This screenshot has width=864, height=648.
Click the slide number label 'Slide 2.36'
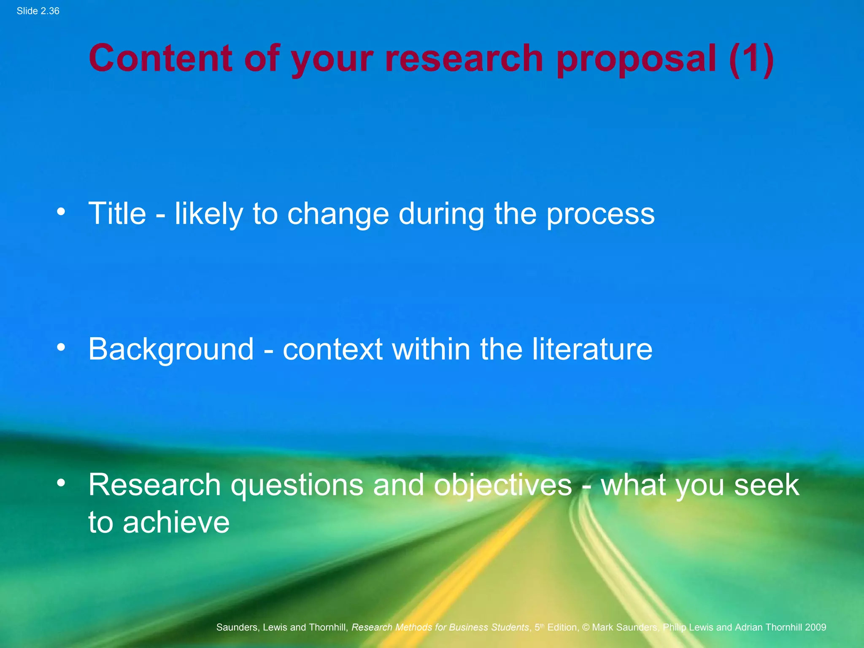[x=38, y=11]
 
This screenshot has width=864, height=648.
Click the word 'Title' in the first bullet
[x=117, y=213]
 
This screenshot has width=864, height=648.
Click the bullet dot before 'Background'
[x=61, y=347]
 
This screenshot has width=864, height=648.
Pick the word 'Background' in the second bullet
[x=171, y=350]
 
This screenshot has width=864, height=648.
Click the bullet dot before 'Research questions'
[x=61, y=483]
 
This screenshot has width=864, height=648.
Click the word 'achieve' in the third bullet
[x=176, y=522]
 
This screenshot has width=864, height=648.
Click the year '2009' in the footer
[x=815, y=627]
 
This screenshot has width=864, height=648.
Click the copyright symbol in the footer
[x=586, y=627]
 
